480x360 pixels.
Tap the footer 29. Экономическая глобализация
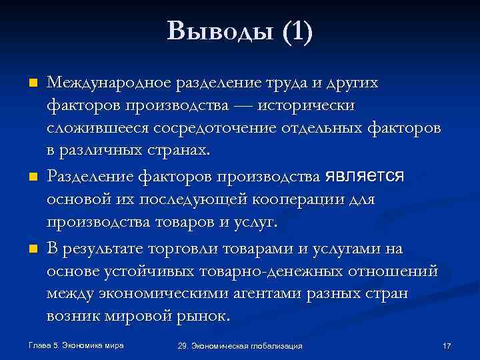pos(240,346)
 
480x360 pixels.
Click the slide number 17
pos(447,346)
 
